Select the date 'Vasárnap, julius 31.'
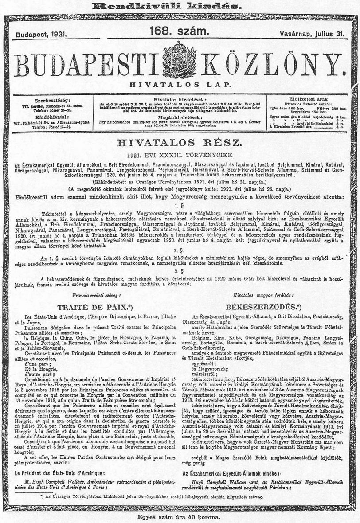tap(312, 34)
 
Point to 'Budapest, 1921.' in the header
tap(40, 34)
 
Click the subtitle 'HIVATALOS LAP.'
tap(180, 84)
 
